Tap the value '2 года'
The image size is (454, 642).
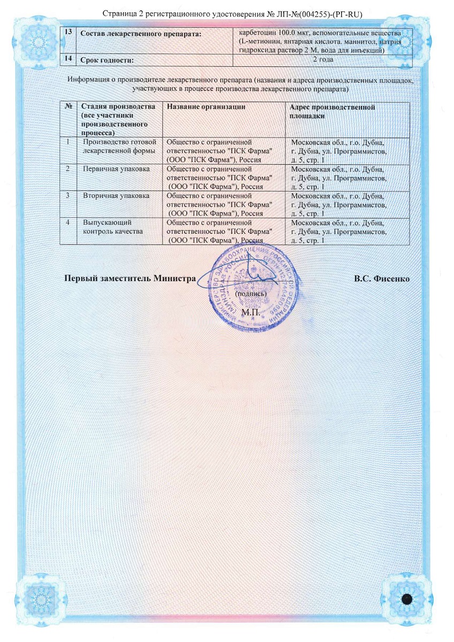tap(323, 59)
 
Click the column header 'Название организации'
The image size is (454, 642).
tap(206, 107)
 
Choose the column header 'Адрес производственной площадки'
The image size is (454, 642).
tap(332, 111)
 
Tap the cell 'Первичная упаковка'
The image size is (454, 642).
tap(116, 169)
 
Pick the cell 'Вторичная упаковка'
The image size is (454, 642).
tap(116, 196)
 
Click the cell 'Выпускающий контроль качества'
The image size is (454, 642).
tap(112, 226)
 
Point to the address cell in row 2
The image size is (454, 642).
tap(337, 178)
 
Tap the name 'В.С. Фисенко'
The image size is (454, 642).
tap(381, 278)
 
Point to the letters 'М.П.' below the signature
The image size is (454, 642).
tap(251, 311)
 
